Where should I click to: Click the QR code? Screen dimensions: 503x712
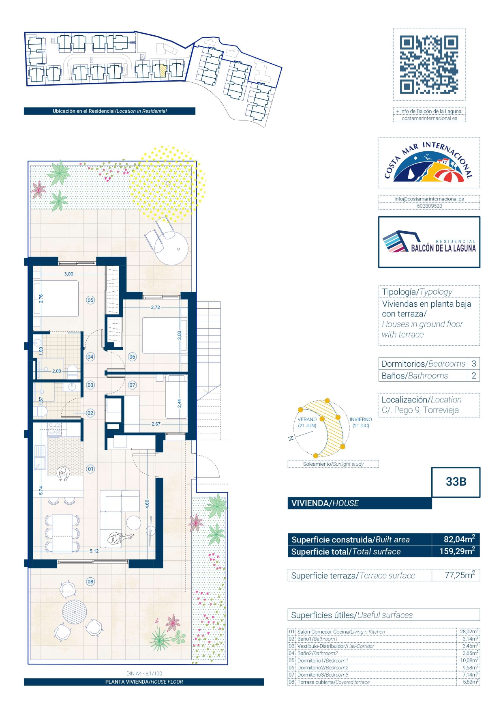coord(429,65)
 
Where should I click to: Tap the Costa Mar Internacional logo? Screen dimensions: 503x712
coord(429,163)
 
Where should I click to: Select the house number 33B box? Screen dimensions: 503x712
coord(456,482)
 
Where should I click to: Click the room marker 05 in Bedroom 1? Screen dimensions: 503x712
coord(90,300)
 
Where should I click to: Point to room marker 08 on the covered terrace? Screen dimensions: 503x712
coord(90,581)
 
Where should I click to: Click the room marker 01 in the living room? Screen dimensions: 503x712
coord(90,469)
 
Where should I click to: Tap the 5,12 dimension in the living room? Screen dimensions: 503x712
coord(94,551)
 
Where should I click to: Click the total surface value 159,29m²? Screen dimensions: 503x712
coord(457,551)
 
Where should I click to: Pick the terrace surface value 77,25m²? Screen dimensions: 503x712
coord(460,575)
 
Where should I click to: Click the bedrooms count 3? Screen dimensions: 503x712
coord(473,364)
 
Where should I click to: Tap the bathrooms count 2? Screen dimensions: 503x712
coord(473,376)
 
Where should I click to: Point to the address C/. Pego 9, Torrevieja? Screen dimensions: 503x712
coord(420,410)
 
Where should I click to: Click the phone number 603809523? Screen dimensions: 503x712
coord(429,206)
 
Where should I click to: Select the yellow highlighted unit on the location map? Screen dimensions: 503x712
coord(162,71)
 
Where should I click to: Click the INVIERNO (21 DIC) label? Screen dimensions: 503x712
coord(361,422)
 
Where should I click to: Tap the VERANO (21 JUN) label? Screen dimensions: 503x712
coord(307,422)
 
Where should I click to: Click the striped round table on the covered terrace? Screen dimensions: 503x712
coord(75,612)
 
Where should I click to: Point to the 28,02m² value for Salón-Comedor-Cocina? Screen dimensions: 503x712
coord(469,631)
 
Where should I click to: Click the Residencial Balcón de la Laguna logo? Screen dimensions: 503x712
coord(429,242)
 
